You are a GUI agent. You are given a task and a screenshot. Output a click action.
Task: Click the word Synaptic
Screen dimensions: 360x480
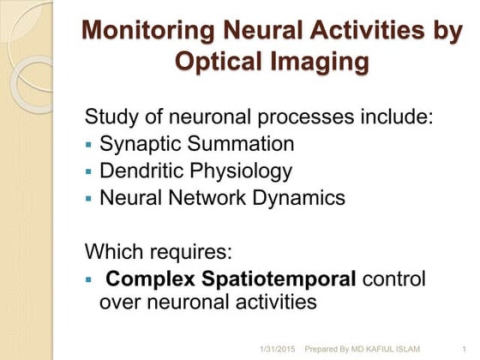[x=141, y=144]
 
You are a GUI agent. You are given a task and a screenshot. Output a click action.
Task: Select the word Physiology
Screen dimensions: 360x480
[x=242, y=171]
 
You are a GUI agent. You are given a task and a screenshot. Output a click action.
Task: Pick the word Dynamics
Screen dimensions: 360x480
[x=300, y=198]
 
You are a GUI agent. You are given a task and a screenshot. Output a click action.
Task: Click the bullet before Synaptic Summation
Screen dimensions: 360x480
[x=88, y=145]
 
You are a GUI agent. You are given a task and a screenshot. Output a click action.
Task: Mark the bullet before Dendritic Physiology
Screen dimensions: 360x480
[x=88, y=172]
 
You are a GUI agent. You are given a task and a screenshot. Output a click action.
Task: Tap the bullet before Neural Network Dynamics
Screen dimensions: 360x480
[x=88, y=199]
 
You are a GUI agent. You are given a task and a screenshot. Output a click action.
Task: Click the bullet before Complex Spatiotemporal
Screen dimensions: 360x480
[x=88, y=281]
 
